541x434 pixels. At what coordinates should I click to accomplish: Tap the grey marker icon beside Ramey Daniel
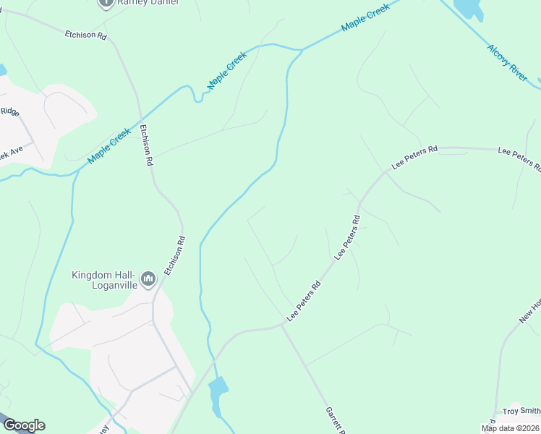106,2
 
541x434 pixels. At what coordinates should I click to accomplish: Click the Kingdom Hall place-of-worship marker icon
149,278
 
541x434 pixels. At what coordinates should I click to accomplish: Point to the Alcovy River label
508,62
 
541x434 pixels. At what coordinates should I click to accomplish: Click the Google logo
24,425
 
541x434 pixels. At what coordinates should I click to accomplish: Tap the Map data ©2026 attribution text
511,428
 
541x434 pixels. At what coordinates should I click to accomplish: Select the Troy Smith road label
521,410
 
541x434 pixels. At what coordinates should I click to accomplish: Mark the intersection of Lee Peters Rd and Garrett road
282,325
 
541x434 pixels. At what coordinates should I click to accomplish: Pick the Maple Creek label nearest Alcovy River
365,17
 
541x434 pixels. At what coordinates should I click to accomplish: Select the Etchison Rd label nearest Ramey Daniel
85,34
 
